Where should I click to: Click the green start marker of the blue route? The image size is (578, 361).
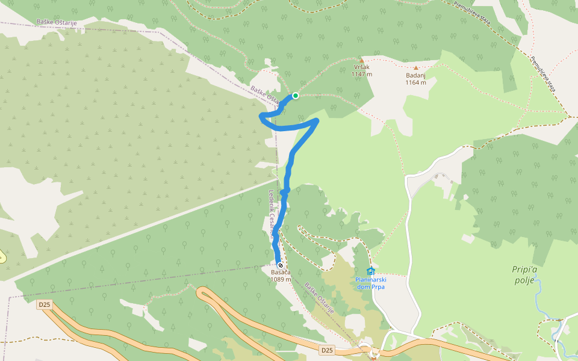point(296,96)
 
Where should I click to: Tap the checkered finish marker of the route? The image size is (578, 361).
point(281,265)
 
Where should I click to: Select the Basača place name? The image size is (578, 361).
point(281,273)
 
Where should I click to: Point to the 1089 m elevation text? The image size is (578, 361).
point(281,279)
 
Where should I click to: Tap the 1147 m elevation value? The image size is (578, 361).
point(362,75)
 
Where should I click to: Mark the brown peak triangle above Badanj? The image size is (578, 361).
point(415,68)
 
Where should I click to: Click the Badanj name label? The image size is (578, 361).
point(415,75)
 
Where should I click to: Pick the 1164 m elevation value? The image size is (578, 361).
point(415,82)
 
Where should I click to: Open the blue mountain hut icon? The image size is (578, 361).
point(370,271)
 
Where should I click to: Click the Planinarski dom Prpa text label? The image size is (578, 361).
point(370,283)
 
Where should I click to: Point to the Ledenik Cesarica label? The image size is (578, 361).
point(273,214)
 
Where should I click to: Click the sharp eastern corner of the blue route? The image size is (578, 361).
point(316,122)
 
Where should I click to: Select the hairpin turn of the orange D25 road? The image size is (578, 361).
point(202,293)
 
